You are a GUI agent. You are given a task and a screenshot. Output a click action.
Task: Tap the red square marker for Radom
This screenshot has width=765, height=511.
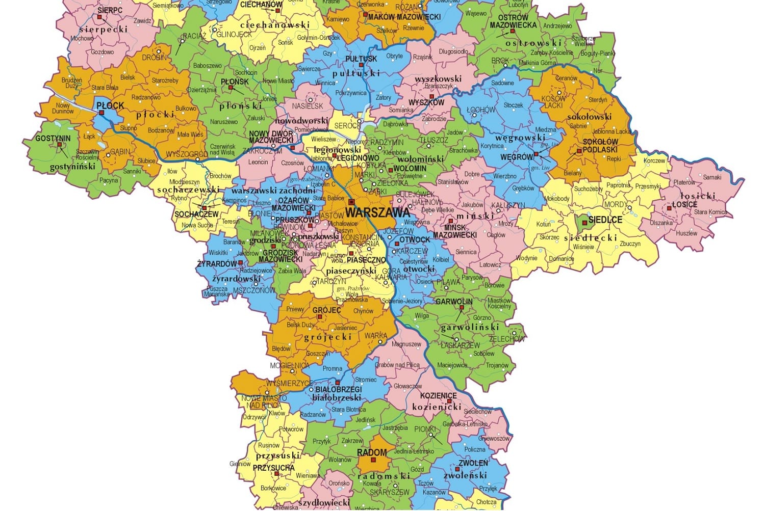[x=373, y=460]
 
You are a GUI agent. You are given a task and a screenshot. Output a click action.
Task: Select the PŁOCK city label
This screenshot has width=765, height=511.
[x=110, y=105]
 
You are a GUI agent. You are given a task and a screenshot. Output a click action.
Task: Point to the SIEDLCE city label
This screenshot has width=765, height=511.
[x=605, y=220]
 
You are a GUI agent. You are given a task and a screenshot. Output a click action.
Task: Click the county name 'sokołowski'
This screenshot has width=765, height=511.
[x=589, y=117]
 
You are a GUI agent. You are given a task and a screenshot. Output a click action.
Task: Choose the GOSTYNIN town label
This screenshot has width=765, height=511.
[x=53, y=138]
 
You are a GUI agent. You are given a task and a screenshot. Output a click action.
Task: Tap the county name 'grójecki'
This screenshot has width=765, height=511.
[x=328, y=337]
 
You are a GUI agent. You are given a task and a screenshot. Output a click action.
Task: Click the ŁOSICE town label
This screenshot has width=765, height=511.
[x=684, y=204]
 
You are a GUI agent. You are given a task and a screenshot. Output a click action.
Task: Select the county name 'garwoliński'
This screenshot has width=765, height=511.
[x=470, y=327]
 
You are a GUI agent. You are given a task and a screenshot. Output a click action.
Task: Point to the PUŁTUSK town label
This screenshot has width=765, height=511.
[x=361, y=59]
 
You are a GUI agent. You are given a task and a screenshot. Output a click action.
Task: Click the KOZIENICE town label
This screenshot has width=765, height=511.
[x=438, y=396]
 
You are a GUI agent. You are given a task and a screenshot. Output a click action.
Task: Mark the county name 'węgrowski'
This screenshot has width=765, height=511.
[x=520, y=138]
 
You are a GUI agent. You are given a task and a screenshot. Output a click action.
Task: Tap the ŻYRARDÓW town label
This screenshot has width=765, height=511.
[x=217, y=264]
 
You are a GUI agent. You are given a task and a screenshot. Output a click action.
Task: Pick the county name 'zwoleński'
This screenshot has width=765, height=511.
[x=465, y=475]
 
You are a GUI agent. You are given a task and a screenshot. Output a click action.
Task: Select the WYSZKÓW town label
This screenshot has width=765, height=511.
[x=426, y=102]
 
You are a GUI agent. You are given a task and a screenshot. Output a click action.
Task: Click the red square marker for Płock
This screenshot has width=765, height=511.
[x=101, y=113]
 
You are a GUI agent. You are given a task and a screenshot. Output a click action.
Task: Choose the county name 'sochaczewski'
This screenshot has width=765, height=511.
[x=188, y=190]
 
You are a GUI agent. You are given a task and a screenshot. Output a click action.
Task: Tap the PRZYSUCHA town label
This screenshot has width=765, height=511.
[x=273, y=468]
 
